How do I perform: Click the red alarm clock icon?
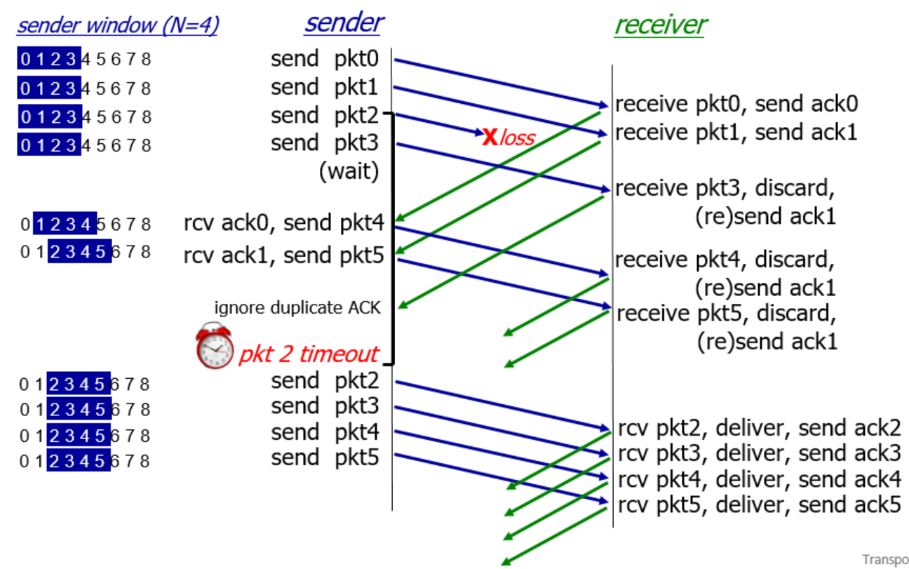(215, 346)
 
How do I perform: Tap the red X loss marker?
(490, 134)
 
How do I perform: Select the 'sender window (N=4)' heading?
(117, 25)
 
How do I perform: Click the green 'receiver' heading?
(660, 25)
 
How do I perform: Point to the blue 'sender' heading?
(343, 22)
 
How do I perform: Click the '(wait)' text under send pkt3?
(349, 171)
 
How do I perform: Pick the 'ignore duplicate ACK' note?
(297, 307)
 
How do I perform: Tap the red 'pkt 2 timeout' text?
(309, 354)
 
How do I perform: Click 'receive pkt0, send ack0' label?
(736, 104)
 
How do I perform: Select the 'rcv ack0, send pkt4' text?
(284, 223)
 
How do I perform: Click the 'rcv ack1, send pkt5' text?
(284, 255)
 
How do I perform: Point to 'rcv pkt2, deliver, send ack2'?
(759, 427)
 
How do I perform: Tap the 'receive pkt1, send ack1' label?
(736, 132)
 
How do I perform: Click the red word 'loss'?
(516, 138)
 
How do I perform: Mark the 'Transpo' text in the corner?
(885, 559)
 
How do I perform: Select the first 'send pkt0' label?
(324, 59)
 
